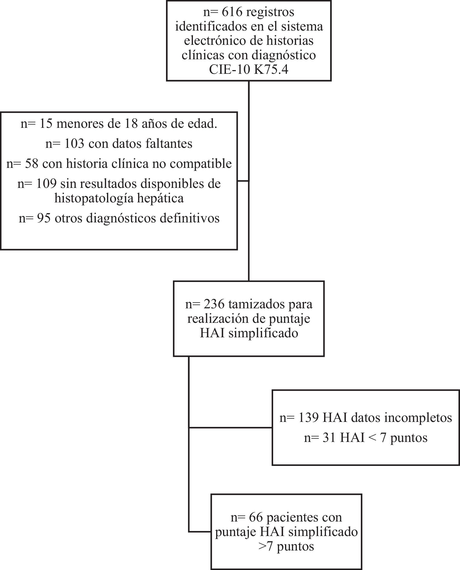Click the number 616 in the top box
(x=232, y=12)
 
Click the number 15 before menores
(x=46, y=124)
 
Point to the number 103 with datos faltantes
(x=74, y=144)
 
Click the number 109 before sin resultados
(x=46, y=184)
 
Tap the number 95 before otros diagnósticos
(x=44, y=218)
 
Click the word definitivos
(x=189, y=218)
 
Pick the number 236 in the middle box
(x=214, y=304)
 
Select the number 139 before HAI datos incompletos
(x=308, y=418)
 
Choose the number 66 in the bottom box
(x=256, y=517)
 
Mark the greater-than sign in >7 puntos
(x=262, y=546)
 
